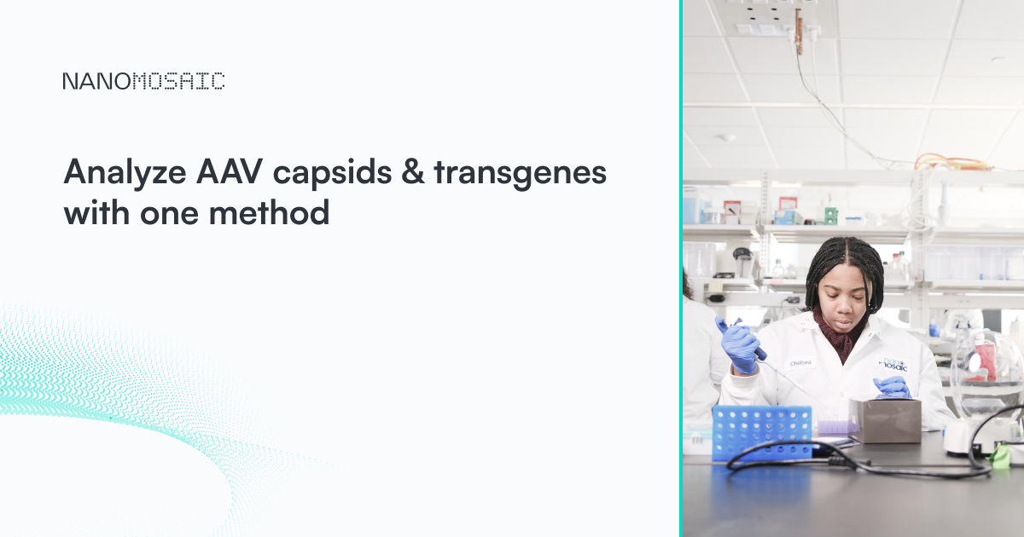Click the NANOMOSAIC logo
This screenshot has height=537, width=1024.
[143, 82]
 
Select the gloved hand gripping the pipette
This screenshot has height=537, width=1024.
[740, 345]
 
